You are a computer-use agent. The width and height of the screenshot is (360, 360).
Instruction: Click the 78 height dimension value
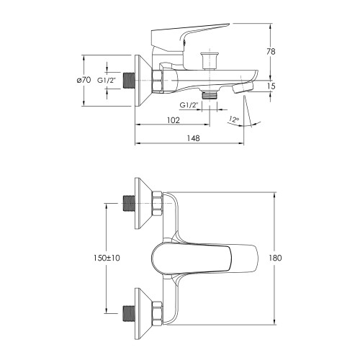tap(271, 52)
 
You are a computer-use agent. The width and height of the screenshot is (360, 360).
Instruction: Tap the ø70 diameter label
tap(84, 80)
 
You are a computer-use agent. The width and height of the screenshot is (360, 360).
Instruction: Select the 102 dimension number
tap(174, 120)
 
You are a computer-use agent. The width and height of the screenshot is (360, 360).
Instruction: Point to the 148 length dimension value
tap(193, 138)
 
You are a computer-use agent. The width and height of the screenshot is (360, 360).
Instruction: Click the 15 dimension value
tap(271, 86)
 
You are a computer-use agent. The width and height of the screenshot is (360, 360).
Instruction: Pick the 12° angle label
tap(234, 120)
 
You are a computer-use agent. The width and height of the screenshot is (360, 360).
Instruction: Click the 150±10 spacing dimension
tap(107, 258)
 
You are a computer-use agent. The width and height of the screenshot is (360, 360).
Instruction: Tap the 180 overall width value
tap(275, 258)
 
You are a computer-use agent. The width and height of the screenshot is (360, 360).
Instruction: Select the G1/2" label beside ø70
tap(107, 81)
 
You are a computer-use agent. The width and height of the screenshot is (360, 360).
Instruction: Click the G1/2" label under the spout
tap(189, 105)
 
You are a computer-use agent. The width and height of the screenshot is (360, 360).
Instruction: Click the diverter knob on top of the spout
tap(210, 60)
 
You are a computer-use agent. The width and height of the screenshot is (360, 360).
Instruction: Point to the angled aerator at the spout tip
tap(243, 88)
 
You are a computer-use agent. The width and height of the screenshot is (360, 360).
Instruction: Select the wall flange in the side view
tap(143, 81)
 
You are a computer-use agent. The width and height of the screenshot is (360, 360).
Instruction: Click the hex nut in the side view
tap(157, 81)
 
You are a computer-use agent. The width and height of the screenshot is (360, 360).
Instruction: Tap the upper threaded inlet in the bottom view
tap(129, 204)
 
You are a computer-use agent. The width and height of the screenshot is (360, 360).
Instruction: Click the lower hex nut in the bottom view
tap(157, 313)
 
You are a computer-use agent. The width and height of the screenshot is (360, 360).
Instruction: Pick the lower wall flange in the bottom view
tap(143, 314)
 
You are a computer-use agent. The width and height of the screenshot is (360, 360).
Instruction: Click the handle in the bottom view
tap(204, 258)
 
